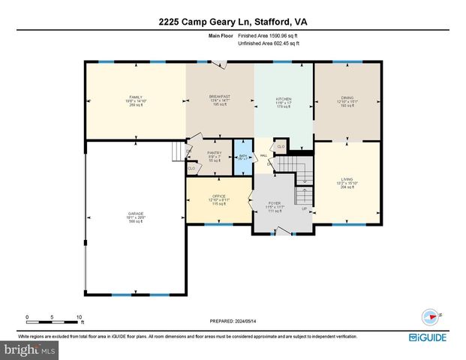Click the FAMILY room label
tap(135, 97)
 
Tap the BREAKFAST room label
tap(219, 97)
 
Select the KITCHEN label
tap(283, 99)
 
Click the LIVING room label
tap(347, 180)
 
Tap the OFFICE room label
tap(219, 197)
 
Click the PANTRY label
tap(215, 153)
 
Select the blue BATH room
tap(243, 158)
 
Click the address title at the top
tap(233, 22)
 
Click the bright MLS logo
tap(29, 349)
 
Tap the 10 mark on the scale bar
tap(79, 317)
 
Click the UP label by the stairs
tap(305, 208)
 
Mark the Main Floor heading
tap(221, 35)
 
